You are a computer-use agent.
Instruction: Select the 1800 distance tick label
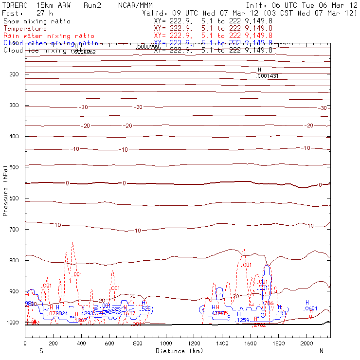tap(279, 343)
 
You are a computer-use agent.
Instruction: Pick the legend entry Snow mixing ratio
tap(37, 21)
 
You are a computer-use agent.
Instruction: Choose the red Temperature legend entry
tap(25, 29)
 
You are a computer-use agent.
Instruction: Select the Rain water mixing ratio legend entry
tap(49, 36)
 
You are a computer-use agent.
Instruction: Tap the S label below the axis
tap(41, 351)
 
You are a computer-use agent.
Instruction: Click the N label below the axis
tap(321, 351)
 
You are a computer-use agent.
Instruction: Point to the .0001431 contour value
tap(267, 76)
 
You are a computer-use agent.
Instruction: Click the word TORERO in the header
tap(15, 5)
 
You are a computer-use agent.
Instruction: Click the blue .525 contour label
tap(145, 309)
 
